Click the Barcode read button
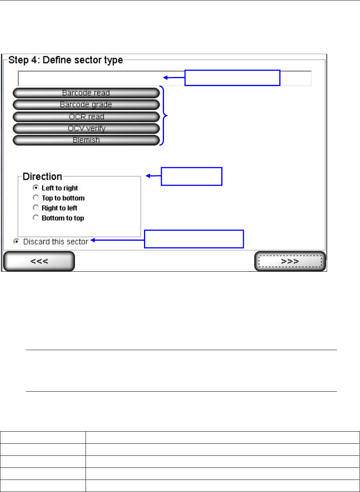(x=86, y=93)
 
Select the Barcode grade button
(x=86, y=105)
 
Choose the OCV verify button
(x=86, y=128)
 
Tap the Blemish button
(x=86, y=140)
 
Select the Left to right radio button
(x=36, y=188)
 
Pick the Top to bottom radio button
(x=36, y=198)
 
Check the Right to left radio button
(x=36, y=208)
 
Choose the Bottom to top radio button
(x=36, y=218)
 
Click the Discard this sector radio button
(x=16, y=241)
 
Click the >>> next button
(x=290, y=261)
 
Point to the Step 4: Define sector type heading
(x=66, y=60)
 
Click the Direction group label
(x=42, y=177)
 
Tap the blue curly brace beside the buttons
(x=163, y=115)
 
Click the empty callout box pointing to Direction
(x=191, y=176)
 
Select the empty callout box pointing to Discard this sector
(x=194, y=239)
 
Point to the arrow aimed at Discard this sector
(x=117, y=240)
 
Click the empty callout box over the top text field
(x=232, y=78)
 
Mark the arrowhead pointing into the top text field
(x=165, y=78)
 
